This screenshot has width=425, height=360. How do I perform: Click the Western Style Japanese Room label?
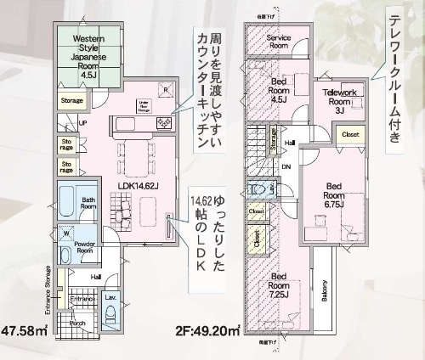tap(89, 57)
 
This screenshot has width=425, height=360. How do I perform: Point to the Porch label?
tap(77, 323)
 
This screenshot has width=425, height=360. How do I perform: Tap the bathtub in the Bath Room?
tap(67, 205)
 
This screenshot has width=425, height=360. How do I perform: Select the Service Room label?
tap(280, 42)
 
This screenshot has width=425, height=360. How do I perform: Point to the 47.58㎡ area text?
tap(25, 329)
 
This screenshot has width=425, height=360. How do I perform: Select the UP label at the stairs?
tap(82, 123)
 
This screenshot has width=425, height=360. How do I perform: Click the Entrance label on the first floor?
tap(82, 300)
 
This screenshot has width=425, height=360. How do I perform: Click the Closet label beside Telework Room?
tap(349, 134)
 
